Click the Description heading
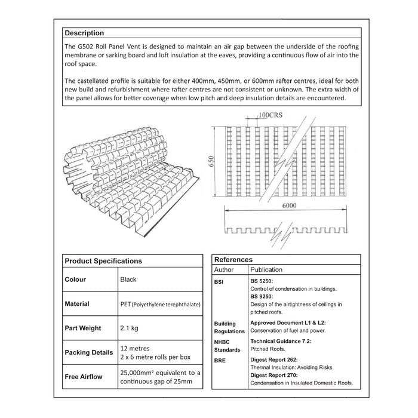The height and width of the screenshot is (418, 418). point(84,33)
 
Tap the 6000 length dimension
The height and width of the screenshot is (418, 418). point(288,205)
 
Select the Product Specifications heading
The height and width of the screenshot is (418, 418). point(103,261)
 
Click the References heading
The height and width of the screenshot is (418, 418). point(233,260)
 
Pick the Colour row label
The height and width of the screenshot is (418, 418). point(75,279)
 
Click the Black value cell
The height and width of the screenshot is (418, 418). point(128,279)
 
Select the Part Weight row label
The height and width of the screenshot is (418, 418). point(82,328)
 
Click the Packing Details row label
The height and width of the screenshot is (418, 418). point(88,353)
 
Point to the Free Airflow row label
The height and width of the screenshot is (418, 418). point(83,377)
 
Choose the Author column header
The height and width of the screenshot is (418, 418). point(224,270)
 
